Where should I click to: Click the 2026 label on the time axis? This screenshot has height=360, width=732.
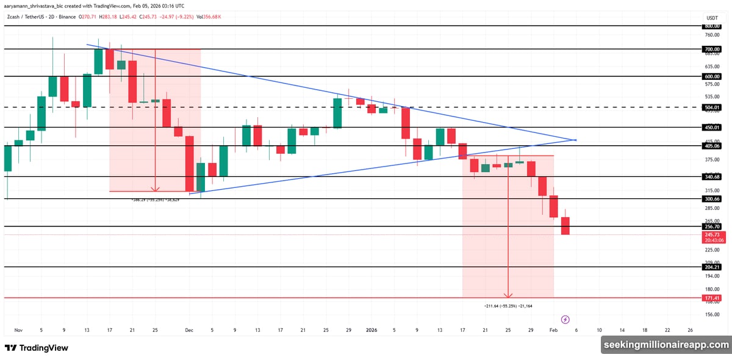[371, 330]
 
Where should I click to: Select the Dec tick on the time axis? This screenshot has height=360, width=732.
[189, 330]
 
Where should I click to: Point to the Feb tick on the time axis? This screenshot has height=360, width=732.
[553, 330]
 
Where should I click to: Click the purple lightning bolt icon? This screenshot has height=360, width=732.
[565, 319]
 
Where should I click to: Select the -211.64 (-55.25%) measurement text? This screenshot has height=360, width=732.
[508, 305]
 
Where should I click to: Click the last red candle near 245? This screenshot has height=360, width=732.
[565, 225]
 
